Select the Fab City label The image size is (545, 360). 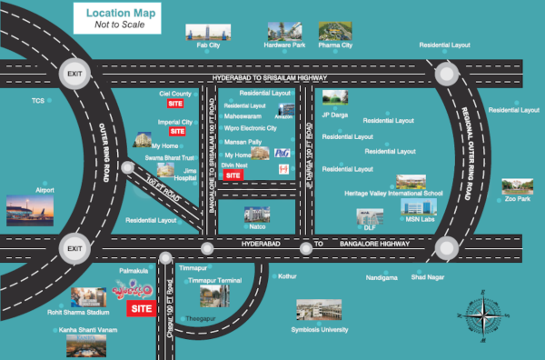pos(209,45)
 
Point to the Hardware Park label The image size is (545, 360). pos(284,45)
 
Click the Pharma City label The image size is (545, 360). pos(335,45)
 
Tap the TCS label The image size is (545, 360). pos(37,101)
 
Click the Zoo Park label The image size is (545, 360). pos(518,199)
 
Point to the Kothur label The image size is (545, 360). pos(288,275)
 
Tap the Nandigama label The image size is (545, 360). pos(381,276)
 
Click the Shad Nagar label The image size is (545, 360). pos(427,276)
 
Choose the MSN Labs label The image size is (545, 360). pos(420,219)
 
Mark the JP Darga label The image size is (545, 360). pos(335,115)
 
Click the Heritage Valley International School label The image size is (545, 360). pos(393,194)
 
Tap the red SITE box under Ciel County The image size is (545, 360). pos(176,104)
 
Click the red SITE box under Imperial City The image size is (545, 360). pos(176,132)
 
